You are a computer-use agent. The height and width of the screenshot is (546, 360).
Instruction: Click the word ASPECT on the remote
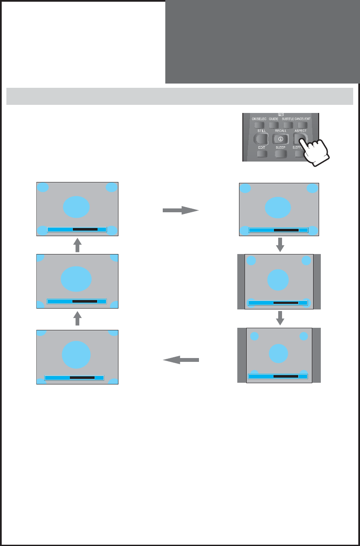coord(300,131)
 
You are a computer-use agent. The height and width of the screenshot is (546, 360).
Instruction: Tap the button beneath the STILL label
coord(261,139)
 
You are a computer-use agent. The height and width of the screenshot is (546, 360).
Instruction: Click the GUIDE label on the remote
coord(274,118)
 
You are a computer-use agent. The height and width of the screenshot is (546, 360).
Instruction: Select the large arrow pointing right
coord(181,210)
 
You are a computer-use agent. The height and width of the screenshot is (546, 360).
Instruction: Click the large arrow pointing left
coord(181,361)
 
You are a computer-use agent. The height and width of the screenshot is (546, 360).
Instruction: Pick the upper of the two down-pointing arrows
coord(280,245)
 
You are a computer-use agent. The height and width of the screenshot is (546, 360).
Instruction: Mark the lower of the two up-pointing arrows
coord(77,318)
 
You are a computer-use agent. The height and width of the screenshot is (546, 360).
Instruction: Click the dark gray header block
coord(262,41)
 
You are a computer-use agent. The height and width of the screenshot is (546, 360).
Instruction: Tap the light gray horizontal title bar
coord(180,96)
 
